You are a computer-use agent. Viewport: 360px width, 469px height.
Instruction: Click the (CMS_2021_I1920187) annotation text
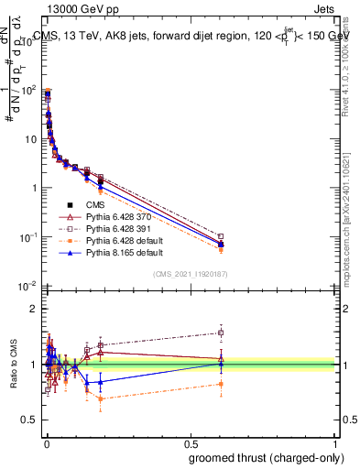pos(189,274)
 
